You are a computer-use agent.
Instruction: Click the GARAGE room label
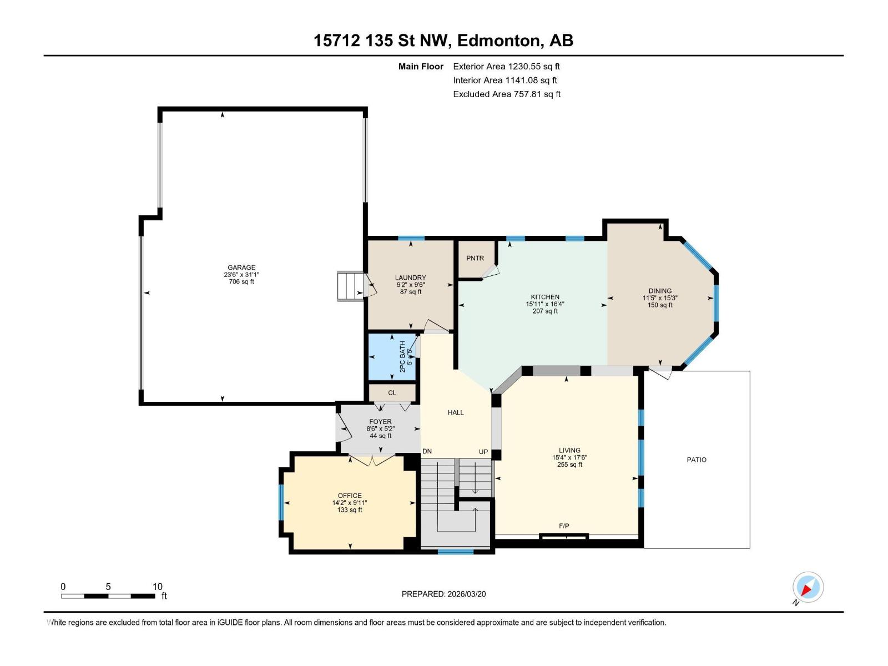241,268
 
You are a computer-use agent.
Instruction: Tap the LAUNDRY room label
410,277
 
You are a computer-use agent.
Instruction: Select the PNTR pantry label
475,258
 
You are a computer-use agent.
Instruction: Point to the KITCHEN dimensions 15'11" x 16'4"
545,304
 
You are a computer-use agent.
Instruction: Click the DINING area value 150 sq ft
660,305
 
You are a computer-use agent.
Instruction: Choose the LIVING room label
569,450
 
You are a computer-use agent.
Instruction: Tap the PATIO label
696,460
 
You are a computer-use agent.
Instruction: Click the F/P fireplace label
564,526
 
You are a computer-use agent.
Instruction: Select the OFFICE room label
350,496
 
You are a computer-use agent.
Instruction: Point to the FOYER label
380,421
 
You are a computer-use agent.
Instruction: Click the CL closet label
392,392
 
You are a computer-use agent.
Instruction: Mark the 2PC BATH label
402,357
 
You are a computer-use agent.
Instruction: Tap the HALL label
456,412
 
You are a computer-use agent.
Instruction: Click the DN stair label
427,451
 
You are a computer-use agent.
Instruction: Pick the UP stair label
483,452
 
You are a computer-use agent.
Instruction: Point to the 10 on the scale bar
158,586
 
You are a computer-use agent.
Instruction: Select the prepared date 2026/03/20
466,594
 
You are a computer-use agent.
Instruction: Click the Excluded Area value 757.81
528,94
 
